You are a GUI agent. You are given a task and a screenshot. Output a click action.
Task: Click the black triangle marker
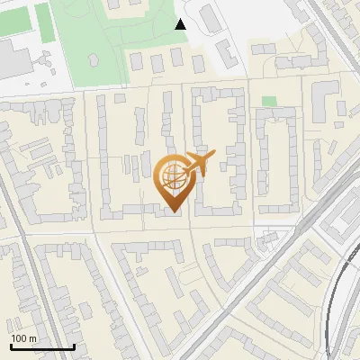pos(180,24)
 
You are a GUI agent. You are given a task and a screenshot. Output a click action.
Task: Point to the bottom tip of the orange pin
pos(172,212)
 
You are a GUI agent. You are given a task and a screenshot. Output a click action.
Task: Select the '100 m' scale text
pos(23,338)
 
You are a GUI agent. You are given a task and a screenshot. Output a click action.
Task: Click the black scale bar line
pos(42,346)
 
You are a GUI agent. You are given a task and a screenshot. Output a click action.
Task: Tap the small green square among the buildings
pos(269,101)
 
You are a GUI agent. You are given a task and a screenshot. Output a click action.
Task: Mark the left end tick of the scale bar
pos(11,345)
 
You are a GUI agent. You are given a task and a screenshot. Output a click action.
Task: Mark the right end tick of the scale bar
pos(74,345)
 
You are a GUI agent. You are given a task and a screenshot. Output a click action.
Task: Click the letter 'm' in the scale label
pos(32,338)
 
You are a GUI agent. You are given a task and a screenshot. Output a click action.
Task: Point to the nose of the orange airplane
pos(215,157)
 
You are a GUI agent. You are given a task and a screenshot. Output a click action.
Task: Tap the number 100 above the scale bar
pos(19,338)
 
